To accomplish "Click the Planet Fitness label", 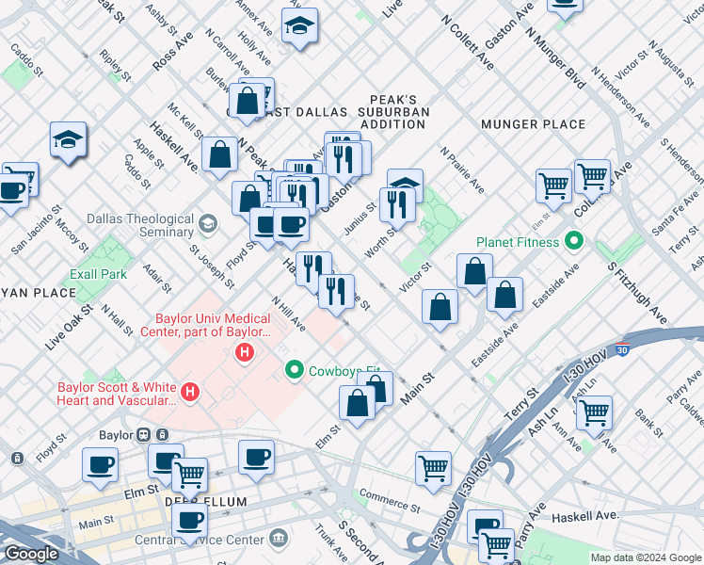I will point(518,242).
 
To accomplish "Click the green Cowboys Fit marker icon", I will point(295,370).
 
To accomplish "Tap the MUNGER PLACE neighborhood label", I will point(533,124).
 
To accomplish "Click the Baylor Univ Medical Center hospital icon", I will point(245,353).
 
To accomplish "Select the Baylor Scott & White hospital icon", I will point(190,391).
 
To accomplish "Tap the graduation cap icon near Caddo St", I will point(68,140).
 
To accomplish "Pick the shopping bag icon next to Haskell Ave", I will point(219,154).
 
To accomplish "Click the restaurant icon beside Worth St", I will point(400,203).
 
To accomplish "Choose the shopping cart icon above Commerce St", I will point(433,467).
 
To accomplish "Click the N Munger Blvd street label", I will point(556,56).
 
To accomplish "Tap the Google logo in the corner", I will point(32,555).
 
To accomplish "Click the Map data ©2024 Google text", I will point(646,557).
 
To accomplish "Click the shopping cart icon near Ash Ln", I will point(594,411).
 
